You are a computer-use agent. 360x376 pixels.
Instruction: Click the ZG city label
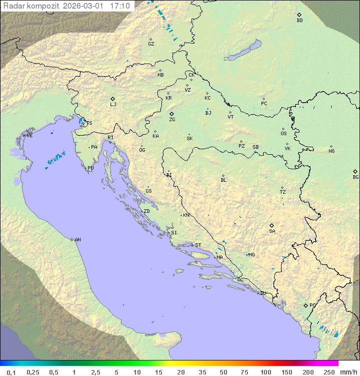172,120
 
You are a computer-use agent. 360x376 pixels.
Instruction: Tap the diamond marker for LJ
113,99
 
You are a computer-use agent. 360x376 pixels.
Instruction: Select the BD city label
299,21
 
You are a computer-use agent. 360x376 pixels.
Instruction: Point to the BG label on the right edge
355,177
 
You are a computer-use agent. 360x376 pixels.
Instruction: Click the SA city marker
272,225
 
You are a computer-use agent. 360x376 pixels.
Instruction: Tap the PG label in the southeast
312,305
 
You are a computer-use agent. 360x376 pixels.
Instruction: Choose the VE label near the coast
29,136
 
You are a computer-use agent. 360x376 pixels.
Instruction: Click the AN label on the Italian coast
77,240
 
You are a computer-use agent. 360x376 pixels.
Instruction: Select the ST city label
198,245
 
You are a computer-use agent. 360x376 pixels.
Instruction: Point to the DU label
262,293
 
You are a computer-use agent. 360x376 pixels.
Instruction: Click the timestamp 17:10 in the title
120,6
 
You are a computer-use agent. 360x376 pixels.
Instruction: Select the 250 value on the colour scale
329,372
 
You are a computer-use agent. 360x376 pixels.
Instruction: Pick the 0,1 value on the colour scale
11,372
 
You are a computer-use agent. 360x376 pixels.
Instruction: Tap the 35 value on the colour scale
202,372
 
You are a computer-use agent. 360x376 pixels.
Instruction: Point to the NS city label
331,151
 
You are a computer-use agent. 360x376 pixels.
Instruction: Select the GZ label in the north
151,44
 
